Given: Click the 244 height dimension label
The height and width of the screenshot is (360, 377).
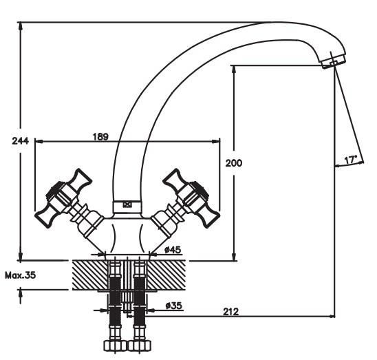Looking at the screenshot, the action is [20, 141].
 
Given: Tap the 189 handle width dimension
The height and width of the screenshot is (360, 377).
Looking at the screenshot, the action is [100, 137].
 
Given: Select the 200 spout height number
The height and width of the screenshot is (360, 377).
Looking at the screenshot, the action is [234, 163].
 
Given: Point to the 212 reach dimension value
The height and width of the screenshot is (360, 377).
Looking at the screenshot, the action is [231, 312].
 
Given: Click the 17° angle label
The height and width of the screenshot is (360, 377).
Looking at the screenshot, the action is [350, 160].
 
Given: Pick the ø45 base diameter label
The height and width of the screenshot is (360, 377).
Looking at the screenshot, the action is [173, 250].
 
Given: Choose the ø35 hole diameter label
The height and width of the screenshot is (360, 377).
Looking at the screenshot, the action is [174, 306].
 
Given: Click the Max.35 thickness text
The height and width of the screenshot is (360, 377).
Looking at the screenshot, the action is [21, 275].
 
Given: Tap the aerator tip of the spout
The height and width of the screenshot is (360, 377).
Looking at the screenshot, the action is [334, 62].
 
